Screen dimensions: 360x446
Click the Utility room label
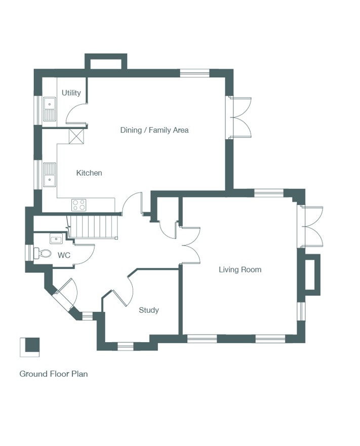71,93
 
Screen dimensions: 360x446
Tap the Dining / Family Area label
154,130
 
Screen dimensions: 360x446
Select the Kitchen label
89,173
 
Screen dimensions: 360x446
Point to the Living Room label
240,270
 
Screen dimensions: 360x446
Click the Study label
148,310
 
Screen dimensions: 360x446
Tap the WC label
64,256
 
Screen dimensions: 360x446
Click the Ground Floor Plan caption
54,374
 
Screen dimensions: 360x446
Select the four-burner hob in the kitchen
79,205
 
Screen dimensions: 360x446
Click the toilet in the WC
42,253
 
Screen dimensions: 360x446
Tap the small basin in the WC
56,238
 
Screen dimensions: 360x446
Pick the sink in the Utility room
50,109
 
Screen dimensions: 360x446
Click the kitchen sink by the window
50,175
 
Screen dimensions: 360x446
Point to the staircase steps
93,226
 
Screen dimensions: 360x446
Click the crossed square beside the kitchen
77,136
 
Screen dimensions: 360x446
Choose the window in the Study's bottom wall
126,346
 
